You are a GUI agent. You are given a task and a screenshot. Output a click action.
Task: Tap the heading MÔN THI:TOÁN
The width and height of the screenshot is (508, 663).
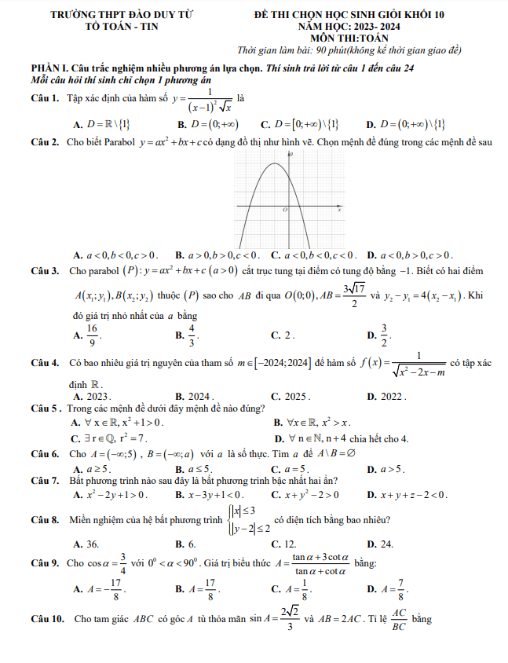(x=349, y=36)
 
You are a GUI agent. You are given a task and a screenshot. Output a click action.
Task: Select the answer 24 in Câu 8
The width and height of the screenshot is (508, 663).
(x=386, y=544)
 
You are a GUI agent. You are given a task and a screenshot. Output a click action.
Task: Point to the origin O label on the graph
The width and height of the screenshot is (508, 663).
(x=285, y=211)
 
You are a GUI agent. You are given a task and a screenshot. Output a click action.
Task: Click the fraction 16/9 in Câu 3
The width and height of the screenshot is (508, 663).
(x=93, y=335)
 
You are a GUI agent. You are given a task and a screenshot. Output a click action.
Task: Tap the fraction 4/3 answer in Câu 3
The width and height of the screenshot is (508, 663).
(x=192, y=335)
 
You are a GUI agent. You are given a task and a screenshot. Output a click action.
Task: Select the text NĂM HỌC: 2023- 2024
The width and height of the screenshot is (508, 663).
(x=349, y=26)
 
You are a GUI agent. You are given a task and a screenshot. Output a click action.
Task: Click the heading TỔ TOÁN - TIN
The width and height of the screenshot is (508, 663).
(x=121, y=26)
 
